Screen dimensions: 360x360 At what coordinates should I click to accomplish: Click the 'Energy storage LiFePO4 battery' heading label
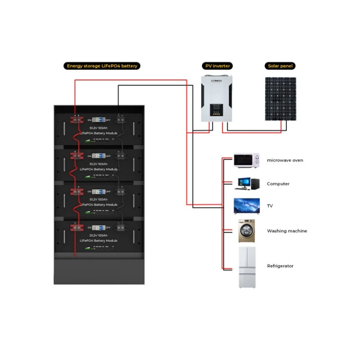101,66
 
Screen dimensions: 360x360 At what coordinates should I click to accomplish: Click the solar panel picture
281,99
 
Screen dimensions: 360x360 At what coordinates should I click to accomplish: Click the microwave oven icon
247,160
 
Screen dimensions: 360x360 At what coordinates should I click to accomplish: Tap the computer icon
247,184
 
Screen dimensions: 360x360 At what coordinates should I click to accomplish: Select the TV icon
247,206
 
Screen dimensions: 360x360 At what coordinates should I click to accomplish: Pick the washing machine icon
246,231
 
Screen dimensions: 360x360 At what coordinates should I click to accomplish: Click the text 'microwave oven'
285,160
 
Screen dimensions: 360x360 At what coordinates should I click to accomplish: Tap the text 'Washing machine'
287,231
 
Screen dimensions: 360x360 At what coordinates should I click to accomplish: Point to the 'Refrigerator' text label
280,266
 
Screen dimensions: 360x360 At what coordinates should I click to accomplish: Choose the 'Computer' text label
278,184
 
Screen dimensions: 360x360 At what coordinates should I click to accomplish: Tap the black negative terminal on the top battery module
121,120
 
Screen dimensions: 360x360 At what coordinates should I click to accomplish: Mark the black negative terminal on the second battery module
121,156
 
